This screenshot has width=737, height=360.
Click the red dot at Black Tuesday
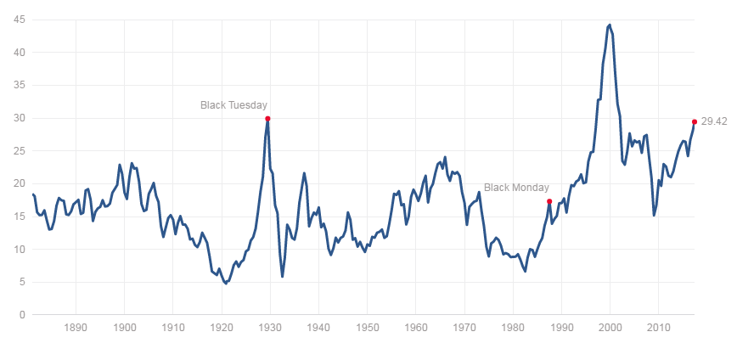click(267, 119)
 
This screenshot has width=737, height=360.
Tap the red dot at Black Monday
click(549, 201)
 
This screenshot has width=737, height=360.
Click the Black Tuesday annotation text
click(233, 105)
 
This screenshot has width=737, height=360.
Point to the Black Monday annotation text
click(516, 188)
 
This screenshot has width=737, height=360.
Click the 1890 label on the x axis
click(76, 326)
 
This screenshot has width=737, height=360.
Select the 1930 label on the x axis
click(270, 326)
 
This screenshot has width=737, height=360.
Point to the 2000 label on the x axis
click(610, 326)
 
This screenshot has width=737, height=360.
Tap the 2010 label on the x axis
click(658, 326)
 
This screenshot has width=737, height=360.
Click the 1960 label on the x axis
click(416, 326)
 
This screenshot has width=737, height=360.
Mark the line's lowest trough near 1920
click(225, 283)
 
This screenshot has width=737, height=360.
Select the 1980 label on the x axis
click(513, 326)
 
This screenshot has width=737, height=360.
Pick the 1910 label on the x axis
click(173, 326)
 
